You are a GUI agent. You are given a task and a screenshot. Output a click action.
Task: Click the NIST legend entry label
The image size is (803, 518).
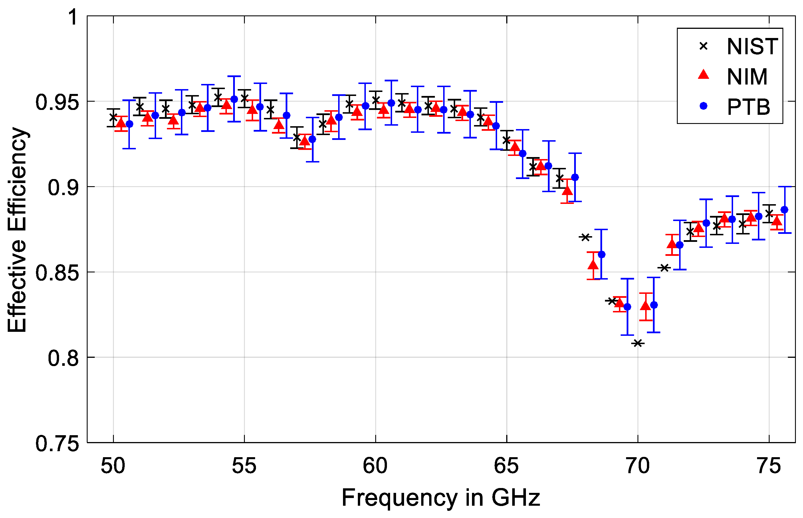coord(752,47)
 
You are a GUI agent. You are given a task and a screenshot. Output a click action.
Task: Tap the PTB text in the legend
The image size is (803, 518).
coord(748,107)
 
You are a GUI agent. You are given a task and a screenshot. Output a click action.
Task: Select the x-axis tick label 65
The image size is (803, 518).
coord(506,466)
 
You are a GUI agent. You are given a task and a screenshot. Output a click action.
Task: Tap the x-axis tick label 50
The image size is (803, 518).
coord(113,466)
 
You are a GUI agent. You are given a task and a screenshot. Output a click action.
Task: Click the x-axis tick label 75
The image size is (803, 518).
coord(769,466)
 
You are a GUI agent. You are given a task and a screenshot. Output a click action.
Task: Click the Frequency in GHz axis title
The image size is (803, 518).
coord(441,498)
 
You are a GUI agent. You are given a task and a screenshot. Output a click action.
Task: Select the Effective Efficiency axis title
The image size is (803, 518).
coord(17,230)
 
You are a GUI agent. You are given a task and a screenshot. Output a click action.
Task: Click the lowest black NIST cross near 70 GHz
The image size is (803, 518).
coord(637,343)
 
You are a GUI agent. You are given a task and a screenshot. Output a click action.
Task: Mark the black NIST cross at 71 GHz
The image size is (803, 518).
coord(664,268)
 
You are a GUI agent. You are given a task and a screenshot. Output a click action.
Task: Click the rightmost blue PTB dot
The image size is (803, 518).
coord(784,210)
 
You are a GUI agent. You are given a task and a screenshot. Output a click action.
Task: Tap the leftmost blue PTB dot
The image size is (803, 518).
coord(129,124)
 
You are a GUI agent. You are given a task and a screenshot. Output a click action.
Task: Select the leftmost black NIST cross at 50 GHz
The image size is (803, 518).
coord(113,118)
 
